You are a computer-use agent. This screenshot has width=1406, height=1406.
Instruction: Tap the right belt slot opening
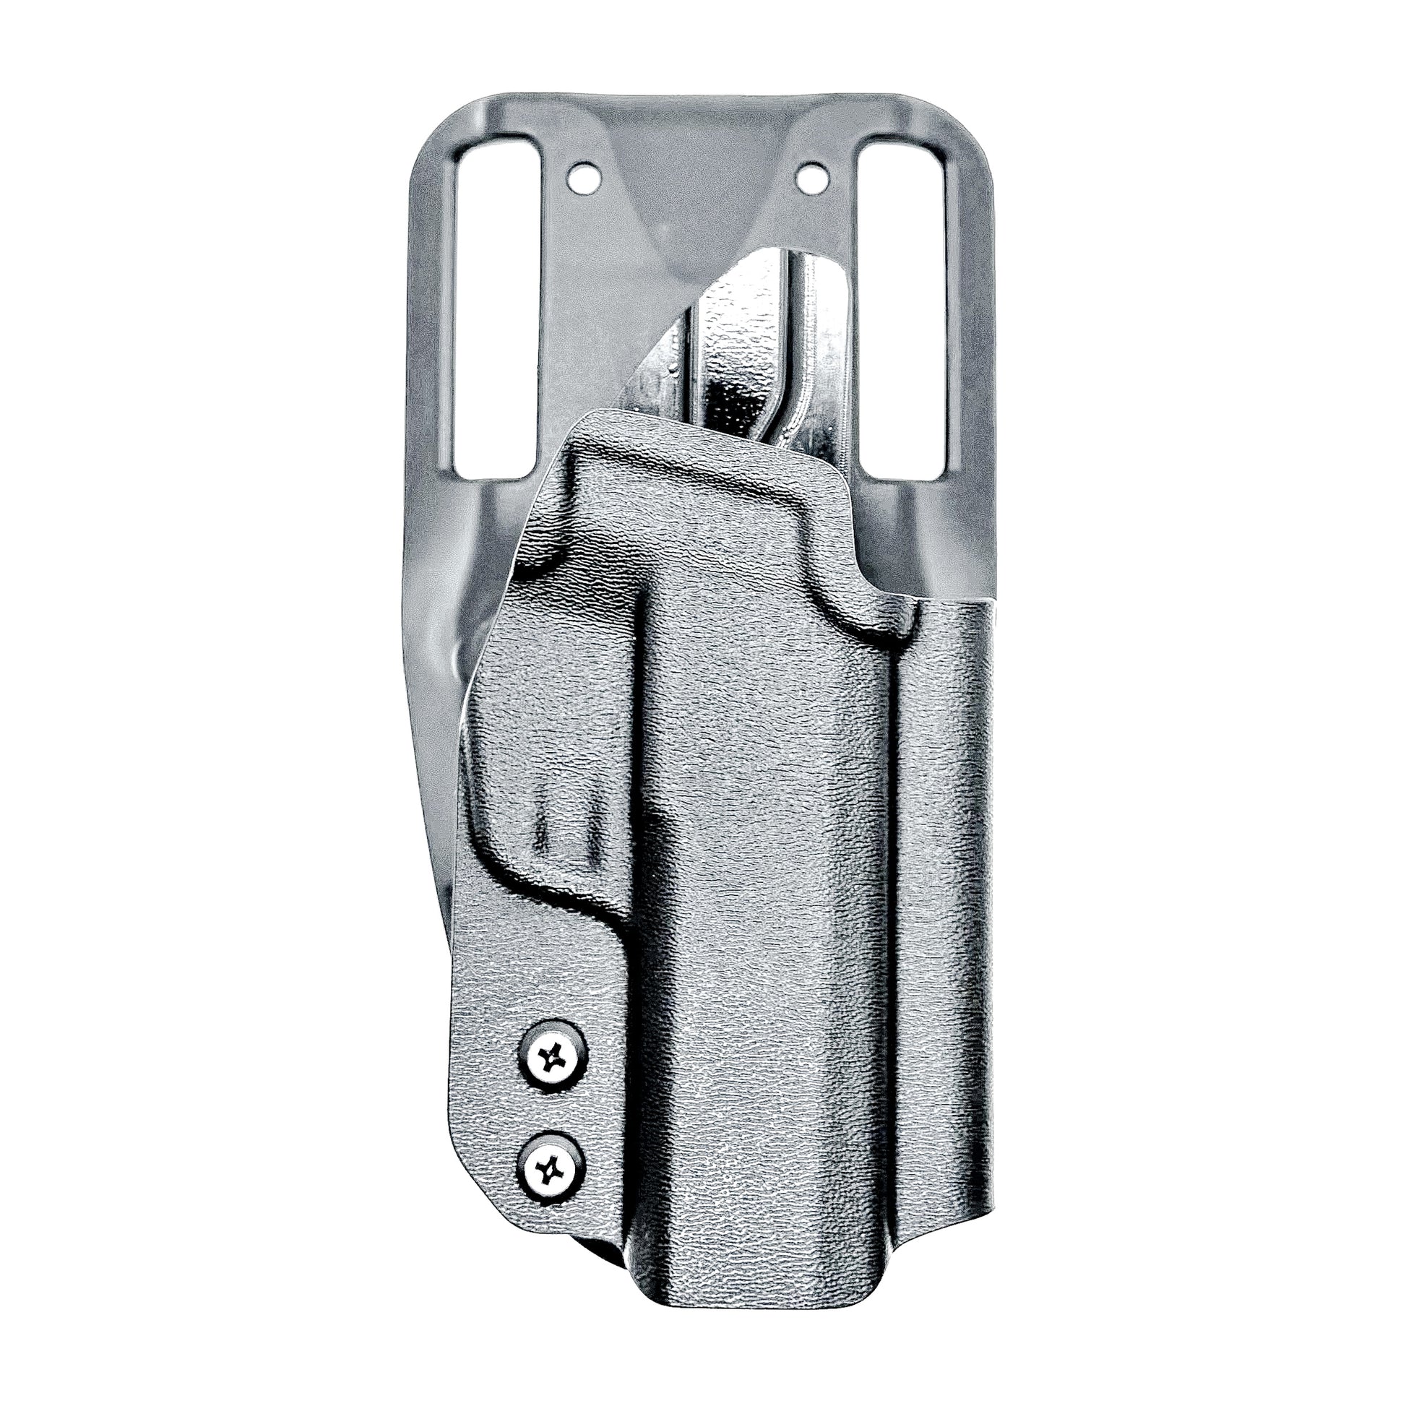tap(902, 306)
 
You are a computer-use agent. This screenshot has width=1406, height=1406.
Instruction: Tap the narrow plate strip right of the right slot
tap(968, 306)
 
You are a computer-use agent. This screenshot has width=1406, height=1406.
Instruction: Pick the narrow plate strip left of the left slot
tap(433, 306)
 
